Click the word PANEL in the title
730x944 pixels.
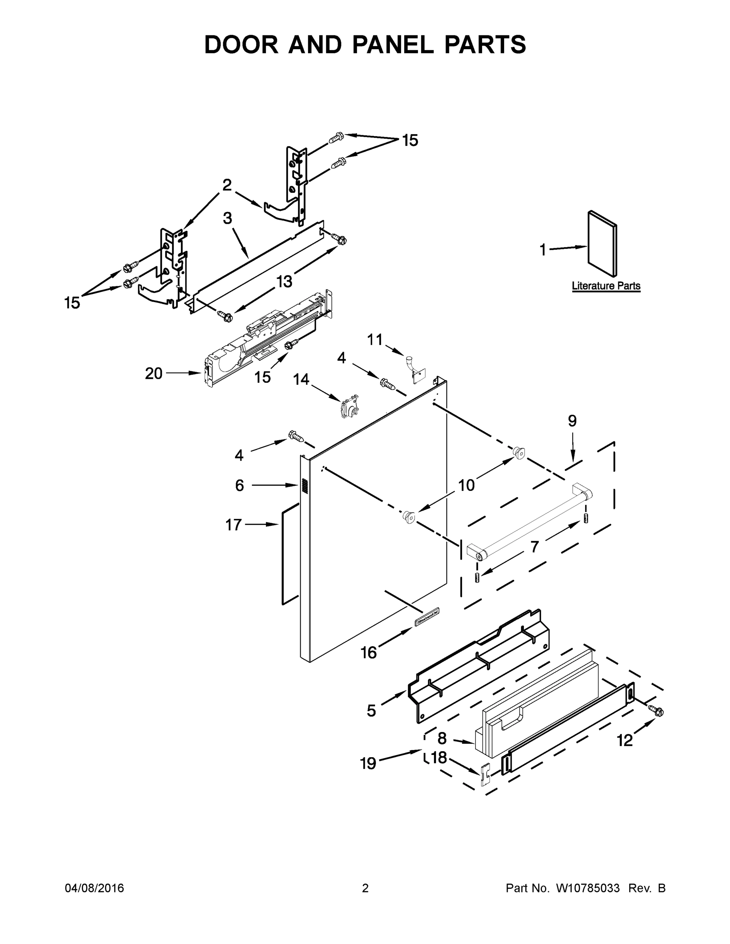(393, 44)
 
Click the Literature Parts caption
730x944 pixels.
(606, 286)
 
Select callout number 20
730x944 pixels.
(153, 373)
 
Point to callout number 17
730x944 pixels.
(233, 525)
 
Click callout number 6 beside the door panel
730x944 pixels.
(240, 485)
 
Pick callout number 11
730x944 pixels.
(375, 340)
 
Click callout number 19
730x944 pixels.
(368, 764)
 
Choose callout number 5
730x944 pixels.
(371, 711)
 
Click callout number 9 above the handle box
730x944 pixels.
(572, 420)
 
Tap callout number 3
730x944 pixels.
(227, 218)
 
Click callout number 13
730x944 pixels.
(284, 281)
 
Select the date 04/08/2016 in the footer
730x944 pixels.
(94, 888)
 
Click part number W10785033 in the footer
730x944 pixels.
(587, 888)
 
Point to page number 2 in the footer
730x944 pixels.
(365, 888)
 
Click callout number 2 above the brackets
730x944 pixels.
(227, 185)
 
